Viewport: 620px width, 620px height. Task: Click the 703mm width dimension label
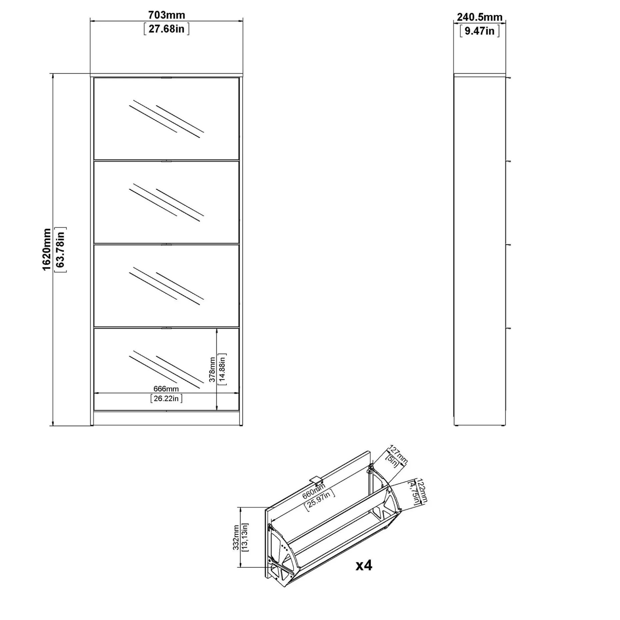[166, 15]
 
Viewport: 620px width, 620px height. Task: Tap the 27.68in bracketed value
[166, 29]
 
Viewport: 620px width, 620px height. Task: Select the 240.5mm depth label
[479, 17]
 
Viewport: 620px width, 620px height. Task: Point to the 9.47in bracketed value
[479, 31]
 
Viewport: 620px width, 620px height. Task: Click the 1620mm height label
[47, 250]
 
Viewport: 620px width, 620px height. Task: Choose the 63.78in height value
[61, 250]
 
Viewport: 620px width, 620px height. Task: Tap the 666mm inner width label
[166, 389]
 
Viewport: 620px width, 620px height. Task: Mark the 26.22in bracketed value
[166, 398]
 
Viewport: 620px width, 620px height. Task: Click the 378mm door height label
[212, 369]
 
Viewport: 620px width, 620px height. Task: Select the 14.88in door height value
[222, 369]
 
